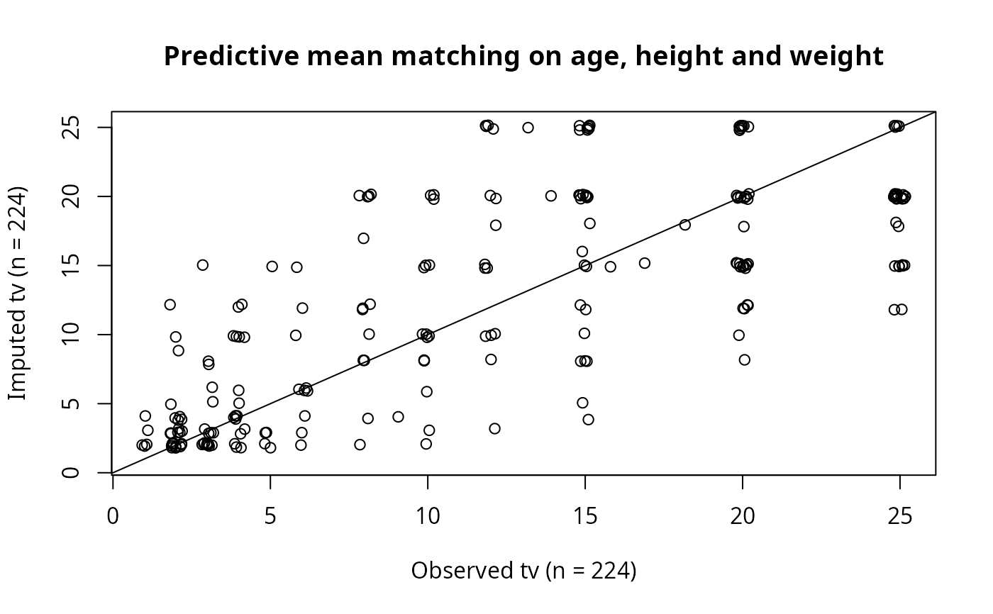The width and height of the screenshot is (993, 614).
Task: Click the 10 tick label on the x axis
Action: click(x=428, y=516)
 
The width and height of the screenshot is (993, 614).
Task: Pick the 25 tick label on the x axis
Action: click(x=900, y=516)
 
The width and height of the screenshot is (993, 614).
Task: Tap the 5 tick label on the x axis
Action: click(x=270, y=516)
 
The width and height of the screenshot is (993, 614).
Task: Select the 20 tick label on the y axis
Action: click(x=71, y=196)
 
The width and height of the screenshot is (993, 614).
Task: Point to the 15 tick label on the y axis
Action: click(x=71, y=265)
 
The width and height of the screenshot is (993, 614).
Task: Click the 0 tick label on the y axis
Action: click(x=71, y=473)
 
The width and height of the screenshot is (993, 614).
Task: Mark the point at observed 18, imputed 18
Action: click(x=685, y=225)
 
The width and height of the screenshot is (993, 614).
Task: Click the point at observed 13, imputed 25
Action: click(x=528, y=128)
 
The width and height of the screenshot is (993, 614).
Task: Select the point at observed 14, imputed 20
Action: click(x=550, y=196)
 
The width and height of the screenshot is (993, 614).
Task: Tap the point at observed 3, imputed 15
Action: click(x=203, y=265)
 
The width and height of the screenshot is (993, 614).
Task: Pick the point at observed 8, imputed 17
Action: click(x=363, y=238)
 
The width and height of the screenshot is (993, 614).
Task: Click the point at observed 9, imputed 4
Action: click(x=398, y=417)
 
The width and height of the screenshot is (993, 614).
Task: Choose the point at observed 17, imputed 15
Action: click(x=645, y=263)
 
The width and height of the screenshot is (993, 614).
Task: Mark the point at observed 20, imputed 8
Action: click(x=744, y=359)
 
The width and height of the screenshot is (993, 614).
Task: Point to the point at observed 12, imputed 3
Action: click(x=495, y=428)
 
